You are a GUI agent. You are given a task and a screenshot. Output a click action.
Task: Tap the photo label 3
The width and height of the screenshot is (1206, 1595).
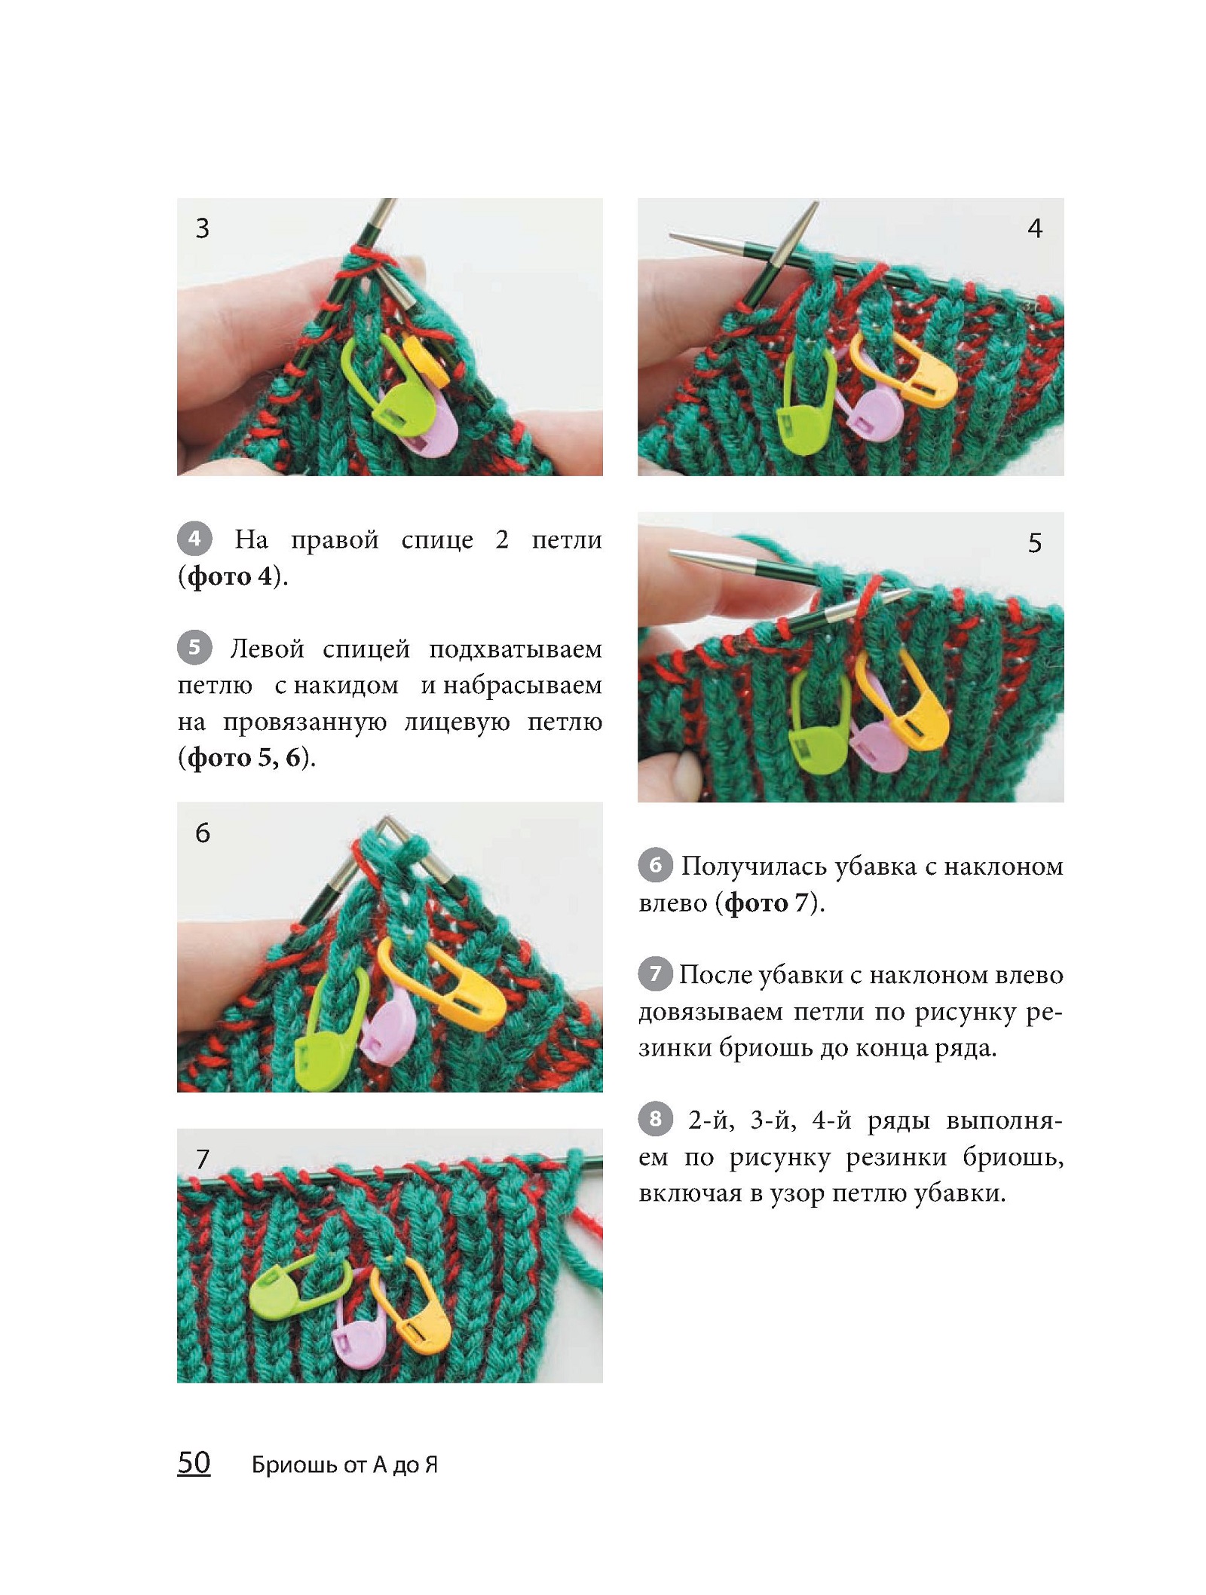click(202, 228)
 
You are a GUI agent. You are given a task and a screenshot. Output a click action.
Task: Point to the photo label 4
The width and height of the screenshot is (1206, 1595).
click(1035, 228)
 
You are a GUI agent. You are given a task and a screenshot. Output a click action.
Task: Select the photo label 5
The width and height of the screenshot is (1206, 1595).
click(1035, 542)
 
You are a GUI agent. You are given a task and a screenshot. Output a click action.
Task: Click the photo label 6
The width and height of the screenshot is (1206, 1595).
click(202, 833)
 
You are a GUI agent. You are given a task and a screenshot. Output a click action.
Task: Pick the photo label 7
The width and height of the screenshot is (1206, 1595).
click(202, 1159)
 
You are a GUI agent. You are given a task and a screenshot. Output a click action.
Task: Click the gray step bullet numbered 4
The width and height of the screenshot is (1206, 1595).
click(194, 539)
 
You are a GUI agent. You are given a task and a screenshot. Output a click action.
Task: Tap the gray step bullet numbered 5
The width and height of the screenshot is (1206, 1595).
click(194, 647)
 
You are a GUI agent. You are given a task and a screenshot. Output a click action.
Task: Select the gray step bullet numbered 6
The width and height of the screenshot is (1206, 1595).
click(655, 865)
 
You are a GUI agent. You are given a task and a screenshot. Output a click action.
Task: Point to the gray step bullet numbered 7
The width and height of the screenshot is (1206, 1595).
click(655, 973)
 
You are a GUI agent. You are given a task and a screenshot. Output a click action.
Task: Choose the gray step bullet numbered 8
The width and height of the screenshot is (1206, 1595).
click(655, 1119)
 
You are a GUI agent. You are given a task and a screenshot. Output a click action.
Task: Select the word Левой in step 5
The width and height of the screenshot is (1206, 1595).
click(268, 649)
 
